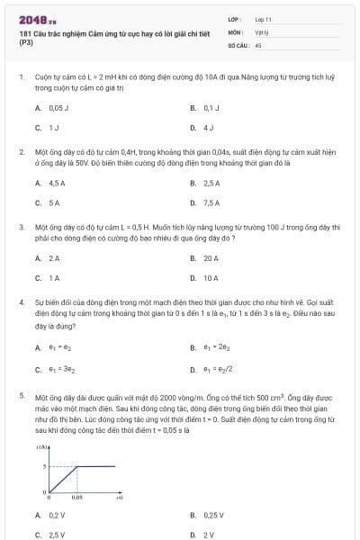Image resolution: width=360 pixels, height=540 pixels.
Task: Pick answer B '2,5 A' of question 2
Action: point(211,184)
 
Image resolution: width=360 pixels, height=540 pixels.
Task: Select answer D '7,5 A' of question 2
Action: point(211,202)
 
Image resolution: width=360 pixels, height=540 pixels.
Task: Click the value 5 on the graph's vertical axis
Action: point(44,466)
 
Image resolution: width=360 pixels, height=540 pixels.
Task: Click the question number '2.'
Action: point(22,153)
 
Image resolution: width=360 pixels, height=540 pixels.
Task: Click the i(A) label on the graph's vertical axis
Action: point(42,448)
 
